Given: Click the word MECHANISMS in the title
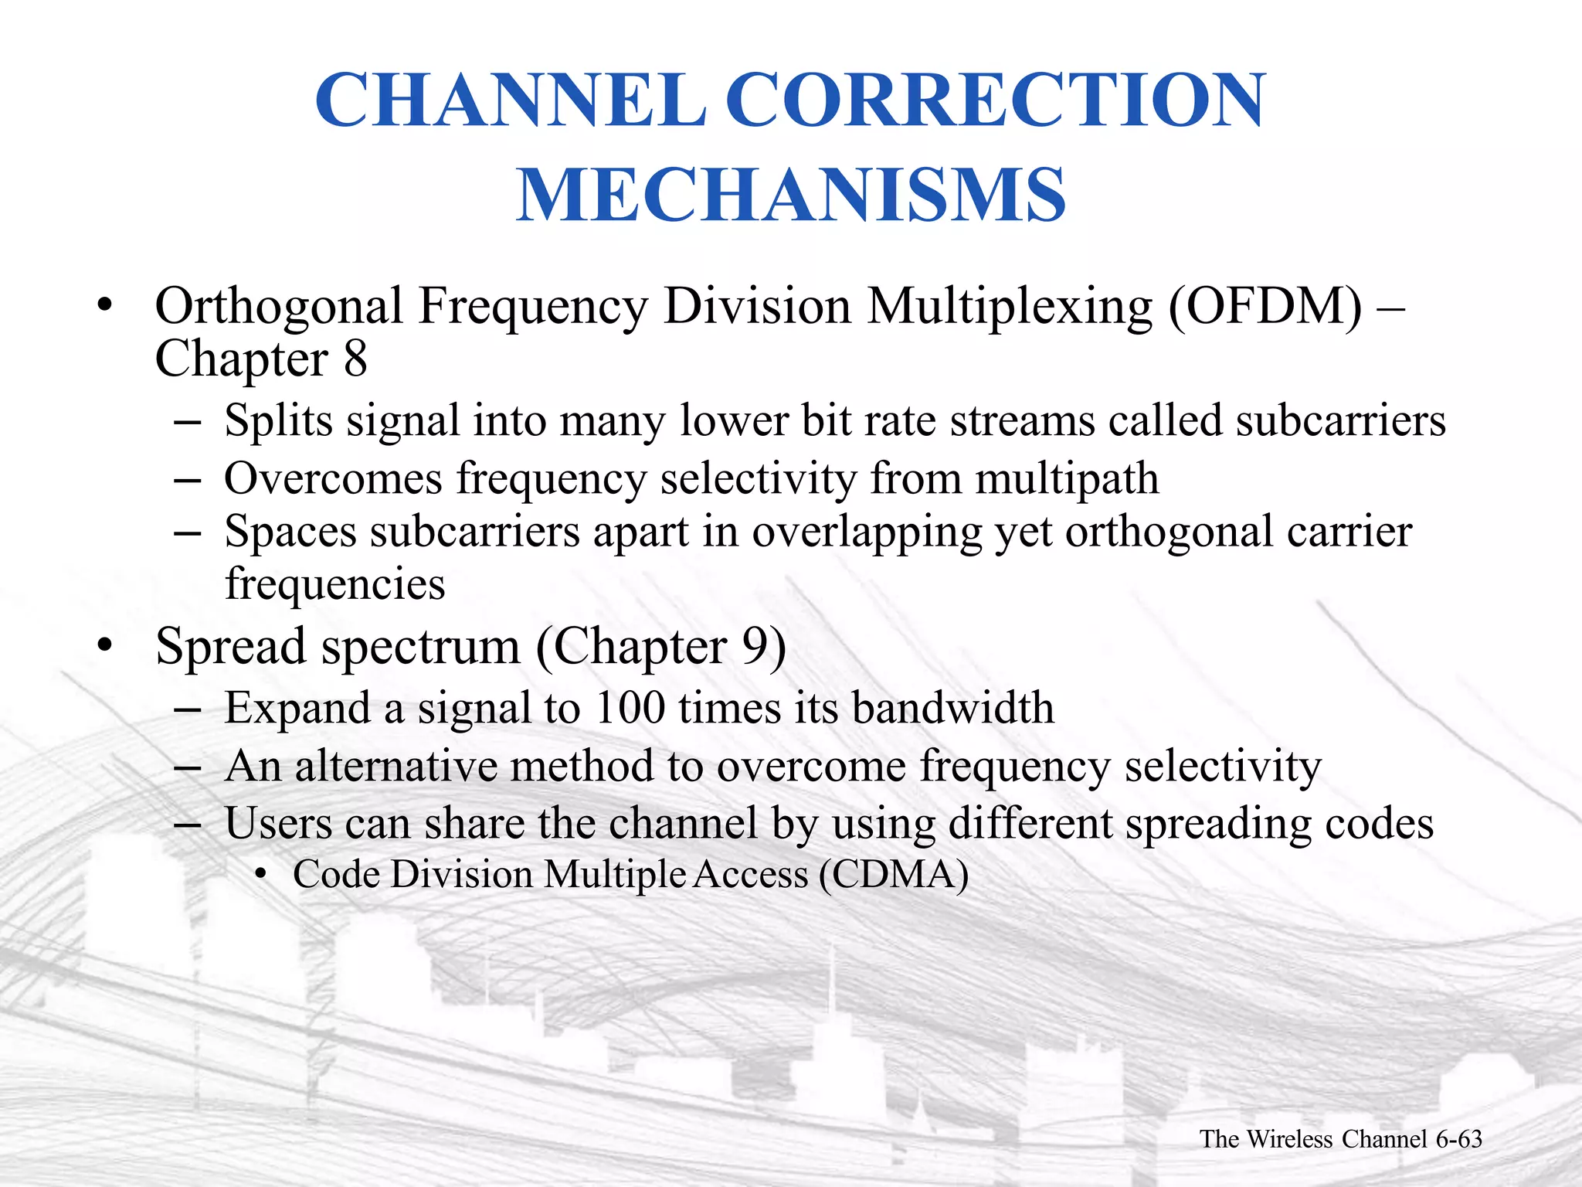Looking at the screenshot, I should point(791,195).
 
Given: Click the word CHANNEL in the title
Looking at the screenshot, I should point(511,100).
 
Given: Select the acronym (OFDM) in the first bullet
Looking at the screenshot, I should point(1265,307).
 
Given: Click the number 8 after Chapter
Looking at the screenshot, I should point(355,359).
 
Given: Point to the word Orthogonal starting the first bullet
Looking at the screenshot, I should point(278,307).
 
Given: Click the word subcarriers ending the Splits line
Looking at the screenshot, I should point(1339,421).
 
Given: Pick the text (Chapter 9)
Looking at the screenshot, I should point(661,646).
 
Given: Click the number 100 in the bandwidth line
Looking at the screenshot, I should point(630,707).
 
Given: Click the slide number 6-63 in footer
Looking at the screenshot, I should point(1458,1139).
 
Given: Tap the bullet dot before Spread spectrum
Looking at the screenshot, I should point(105,646).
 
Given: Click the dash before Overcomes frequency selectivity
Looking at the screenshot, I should point(188,480).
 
